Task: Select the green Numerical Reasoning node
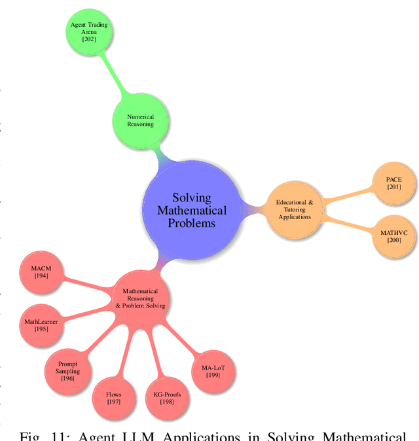140,120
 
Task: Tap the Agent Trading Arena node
89,32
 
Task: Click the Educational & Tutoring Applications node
294,209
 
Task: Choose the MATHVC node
393,236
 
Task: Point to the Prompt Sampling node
67,370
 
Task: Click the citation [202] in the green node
89,40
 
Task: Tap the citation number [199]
213,376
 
